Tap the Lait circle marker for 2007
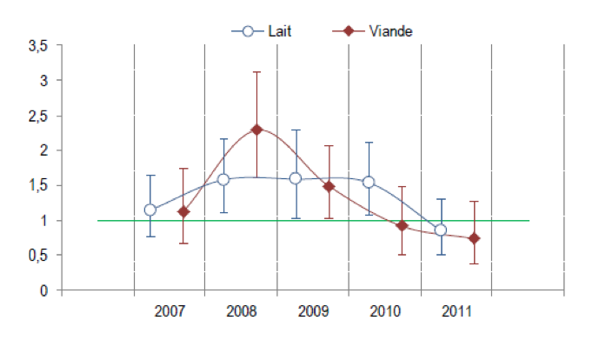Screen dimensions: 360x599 [150, 210]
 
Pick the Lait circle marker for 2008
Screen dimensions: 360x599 [223, 179]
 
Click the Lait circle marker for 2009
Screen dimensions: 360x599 [296, 178]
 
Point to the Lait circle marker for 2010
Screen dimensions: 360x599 [369, 182]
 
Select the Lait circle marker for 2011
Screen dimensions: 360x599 [441, 230]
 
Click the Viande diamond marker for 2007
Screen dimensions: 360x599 [183, 211]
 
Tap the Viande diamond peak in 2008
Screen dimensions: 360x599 [256, 129]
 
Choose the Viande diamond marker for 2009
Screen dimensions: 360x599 [329, 186]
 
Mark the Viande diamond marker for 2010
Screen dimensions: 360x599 [402, 225]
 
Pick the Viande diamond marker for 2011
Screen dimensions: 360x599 [474, 238]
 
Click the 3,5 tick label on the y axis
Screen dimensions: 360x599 [38, 45]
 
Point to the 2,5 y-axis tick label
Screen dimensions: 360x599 [38, 116]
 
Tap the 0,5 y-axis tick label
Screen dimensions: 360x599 [38, 256]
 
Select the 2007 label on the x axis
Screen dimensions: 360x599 [170, 311]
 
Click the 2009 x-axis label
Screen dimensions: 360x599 [313, 311]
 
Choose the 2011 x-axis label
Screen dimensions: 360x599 [456, 311]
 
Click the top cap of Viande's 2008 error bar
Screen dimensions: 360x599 [256, 72]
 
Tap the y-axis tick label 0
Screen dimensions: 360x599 [44, 290]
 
